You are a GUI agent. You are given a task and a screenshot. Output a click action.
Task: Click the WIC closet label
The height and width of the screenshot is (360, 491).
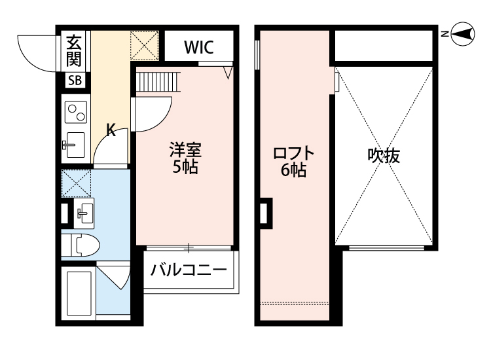(197, 47)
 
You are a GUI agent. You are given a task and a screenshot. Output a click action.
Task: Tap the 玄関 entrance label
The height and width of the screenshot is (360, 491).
(72, 52)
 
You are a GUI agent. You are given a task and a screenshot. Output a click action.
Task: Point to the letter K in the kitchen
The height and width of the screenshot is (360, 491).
(111, 130)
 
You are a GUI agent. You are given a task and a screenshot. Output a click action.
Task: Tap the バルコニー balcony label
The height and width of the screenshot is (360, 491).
(189, 270)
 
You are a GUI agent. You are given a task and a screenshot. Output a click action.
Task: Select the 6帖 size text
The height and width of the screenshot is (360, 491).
(294, 171)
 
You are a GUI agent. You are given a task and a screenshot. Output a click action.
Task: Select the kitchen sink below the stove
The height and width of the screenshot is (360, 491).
(73, 143)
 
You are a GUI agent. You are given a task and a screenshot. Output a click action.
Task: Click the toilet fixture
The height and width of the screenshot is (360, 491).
(82, 246)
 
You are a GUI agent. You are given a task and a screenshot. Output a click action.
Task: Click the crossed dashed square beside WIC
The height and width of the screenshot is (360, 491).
(143, 46)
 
